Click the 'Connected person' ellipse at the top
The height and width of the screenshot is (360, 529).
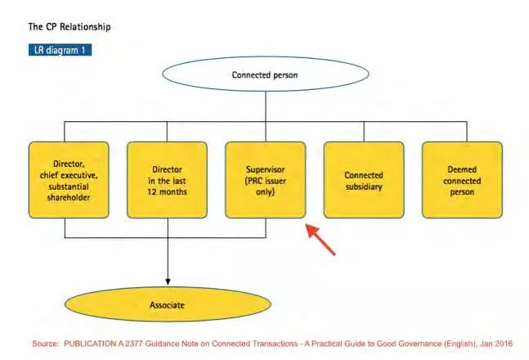click(265, 74)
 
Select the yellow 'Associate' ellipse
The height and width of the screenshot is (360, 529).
click(167, 305)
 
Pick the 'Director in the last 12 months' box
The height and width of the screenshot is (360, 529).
click(167, 180)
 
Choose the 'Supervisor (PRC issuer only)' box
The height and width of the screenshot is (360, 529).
click(265, 180)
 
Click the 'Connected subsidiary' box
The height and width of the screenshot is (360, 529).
click(363, 180)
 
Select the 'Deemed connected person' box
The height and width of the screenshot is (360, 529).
click(461, 180)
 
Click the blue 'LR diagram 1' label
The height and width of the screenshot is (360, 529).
click(60, 50)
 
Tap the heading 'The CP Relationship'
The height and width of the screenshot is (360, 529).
click(69, 27)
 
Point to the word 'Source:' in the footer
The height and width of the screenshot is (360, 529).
click(47, 344)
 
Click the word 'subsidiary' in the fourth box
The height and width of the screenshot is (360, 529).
click(363, 186)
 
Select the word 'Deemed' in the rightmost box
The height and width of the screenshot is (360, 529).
click(461, 169)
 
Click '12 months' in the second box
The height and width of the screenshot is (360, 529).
click(167, 191)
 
